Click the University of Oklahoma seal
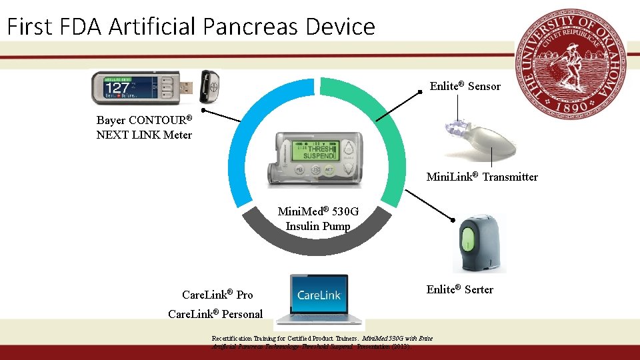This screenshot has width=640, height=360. (575, 65)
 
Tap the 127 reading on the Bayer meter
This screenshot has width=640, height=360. (118, 88)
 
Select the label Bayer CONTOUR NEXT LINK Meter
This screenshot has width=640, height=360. (144, 127)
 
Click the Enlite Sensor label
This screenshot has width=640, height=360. (465, 86)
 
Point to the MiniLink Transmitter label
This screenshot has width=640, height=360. (481, 177)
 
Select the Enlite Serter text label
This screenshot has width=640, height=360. (460, 289)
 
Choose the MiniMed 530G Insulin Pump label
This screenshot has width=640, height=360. (318, 219)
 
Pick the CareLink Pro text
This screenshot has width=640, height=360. (217, 295)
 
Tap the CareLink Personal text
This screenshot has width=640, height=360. (215, 314)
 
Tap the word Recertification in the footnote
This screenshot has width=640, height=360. (234, 339)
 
